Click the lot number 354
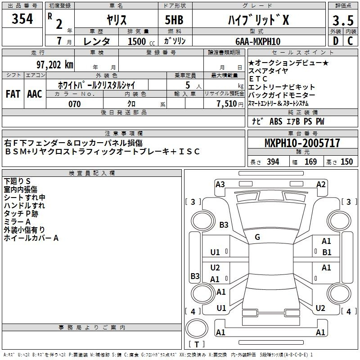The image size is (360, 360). (x=22, y=18)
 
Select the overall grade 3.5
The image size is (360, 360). (x=343, y=20)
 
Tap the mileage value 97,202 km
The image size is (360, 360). (x=55, y=65)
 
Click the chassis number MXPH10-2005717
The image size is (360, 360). (x=302, y=143)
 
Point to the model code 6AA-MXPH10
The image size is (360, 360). (x=258, y=41)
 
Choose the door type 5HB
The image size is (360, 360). (x=174, y=20)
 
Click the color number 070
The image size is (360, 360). (x=74, y=104)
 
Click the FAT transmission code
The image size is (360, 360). (x=13, y=94)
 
